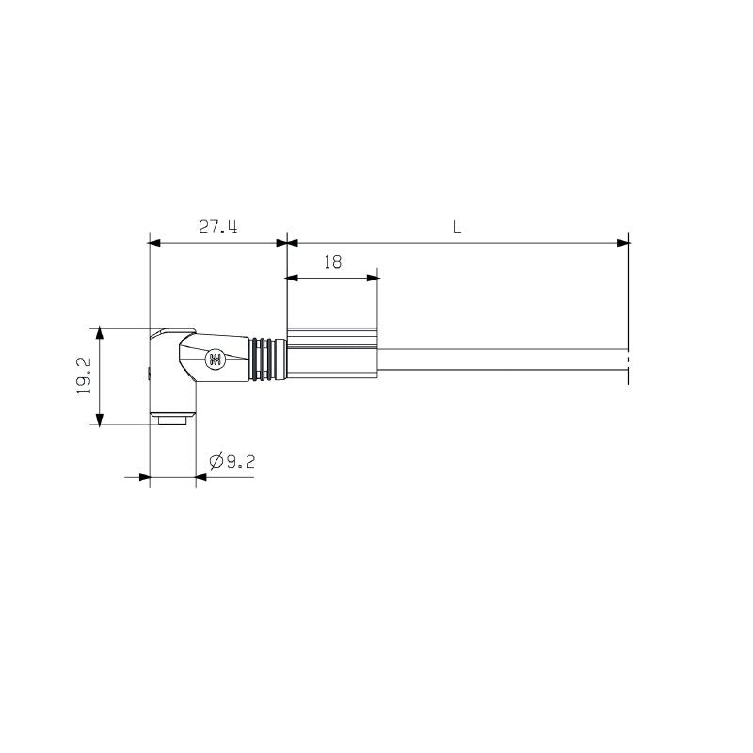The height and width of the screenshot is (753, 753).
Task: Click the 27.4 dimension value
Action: click(x=217, y=227)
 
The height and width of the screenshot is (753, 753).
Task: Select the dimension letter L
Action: click(x=457, y=227)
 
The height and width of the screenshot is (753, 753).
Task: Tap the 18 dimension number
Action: click(x=332, y=263)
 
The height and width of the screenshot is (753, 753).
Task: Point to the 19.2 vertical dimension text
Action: click(x=83, y=376)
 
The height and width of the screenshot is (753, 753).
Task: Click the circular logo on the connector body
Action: click(x=216, y=359)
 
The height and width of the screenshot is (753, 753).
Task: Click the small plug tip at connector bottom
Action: click(x=171, y=417)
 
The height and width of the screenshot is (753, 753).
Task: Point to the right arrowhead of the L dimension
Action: click(x=622, y=243)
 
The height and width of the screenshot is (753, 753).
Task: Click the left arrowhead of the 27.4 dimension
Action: click(x=156, y=243)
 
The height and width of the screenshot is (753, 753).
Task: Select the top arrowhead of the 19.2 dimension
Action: click(x=99, y=334)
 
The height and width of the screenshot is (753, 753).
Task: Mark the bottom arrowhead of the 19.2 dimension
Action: click(x=99, y=417)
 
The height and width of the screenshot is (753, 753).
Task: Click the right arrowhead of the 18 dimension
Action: click(x=373, y=278)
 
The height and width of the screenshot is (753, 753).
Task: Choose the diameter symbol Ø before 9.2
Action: click(x=214, y=460)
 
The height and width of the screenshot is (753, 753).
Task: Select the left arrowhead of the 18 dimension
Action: click(x=292, y=278)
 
